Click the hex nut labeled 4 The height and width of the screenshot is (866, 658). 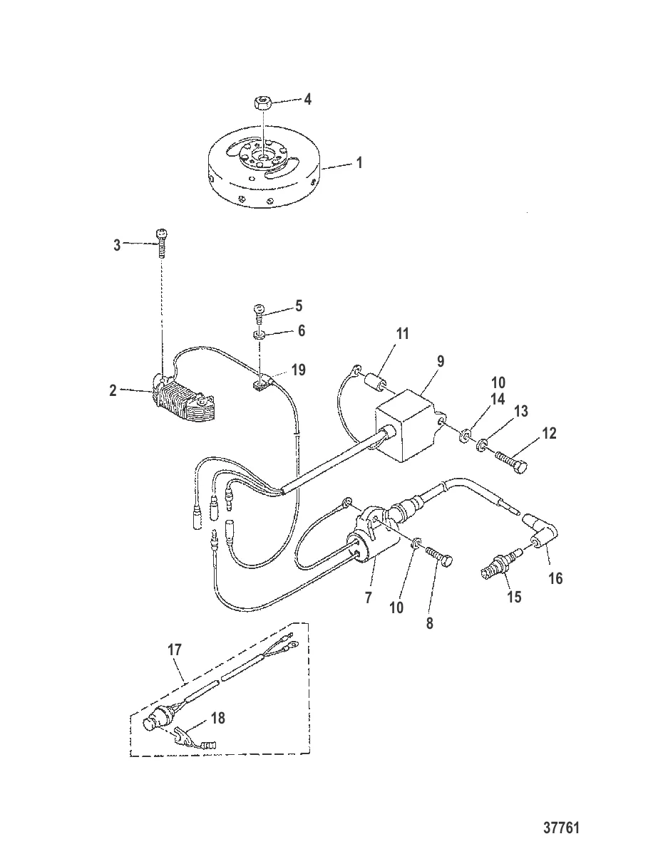[262, 103]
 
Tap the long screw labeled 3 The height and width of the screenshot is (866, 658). [163, 245]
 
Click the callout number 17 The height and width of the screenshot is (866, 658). [175, 649]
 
